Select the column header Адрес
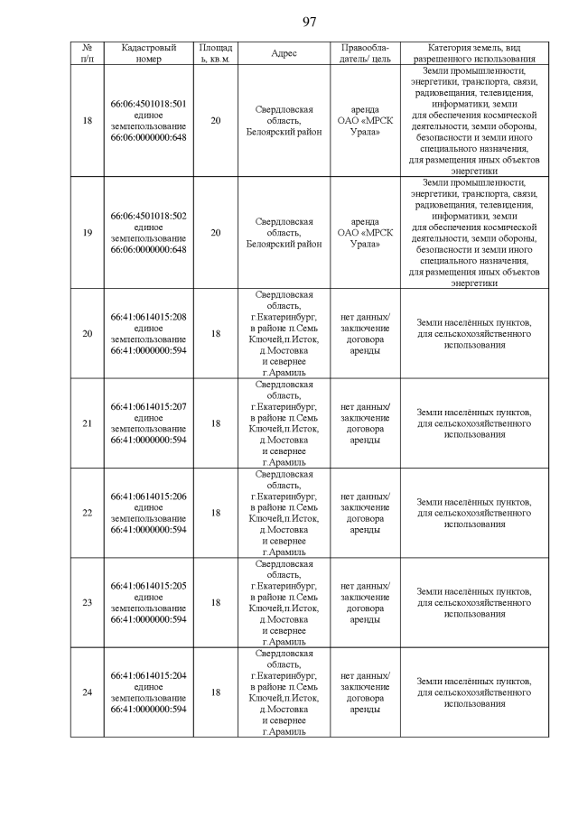(x=284, y=53)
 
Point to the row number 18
(x=87, y=120)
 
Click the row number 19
(x=87, y=232)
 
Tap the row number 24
(x=87, y=692)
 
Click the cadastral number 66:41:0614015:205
(x=148, y=586)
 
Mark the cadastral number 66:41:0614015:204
(x=148, y=675)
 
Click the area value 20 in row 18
(x=215, y=120)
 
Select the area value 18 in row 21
(x=215, y=422)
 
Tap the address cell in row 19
(x=284, y=232)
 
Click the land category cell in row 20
(x=474, y=333)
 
